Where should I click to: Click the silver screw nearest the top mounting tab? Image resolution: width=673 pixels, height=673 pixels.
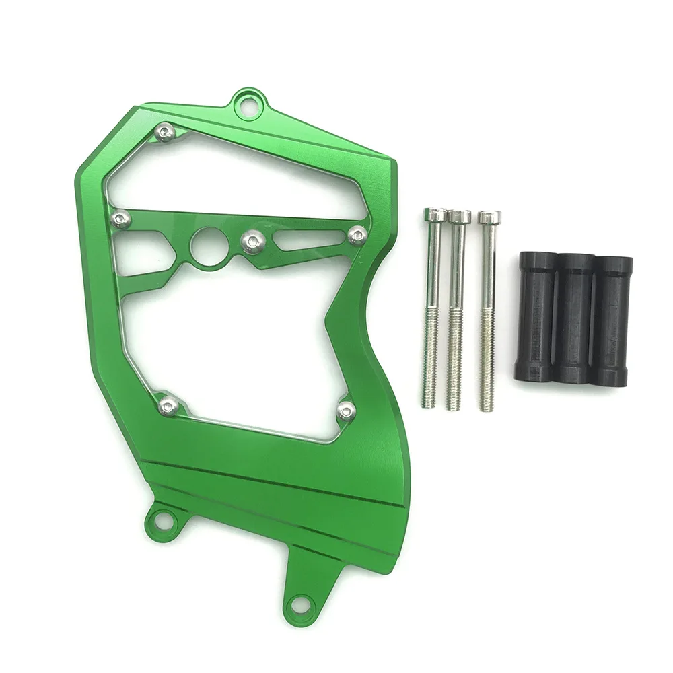(165, 133)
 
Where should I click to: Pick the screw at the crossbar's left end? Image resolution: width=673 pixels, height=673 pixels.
(120, 218)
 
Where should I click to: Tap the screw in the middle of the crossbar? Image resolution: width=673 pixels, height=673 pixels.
(252, 242)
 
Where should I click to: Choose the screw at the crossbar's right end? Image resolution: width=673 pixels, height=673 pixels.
(357, 235)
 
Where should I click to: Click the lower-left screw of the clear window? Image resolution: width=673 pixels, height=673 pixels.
(168, 404)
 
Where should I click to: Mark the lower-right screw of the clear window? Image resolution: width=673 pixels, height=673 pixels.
(346, 411)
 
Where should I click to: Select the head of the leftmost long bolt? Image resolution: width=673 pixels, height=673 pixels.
(435, 215)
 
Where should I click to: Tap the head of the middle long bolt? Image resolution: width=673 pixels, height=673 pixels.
(460, 217)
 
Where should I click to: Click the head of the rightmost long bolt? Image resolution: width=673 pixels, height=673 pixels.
(489, 218)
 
